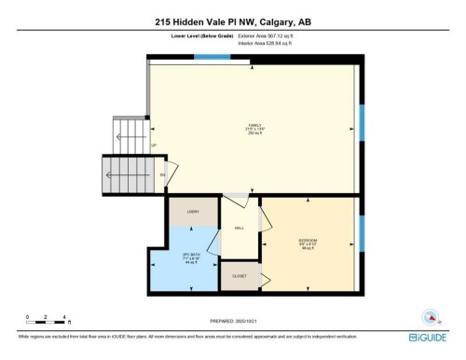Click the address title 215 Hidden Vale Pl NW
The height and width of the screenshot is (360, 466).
click(232, 21)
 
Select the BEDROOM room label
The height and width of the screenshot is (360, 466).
click(308, 242)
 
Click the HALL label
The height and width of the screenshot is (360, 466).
click(239, 228)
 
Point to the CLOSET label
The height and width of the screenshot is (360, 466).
click(240, 274)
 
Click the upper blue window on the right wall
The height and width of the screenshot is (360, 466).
click(362, 121)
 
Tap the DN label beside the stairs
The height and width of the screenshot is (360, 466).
click(161, 174)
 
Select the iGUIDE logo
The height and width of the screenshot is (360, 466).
click(430, 336)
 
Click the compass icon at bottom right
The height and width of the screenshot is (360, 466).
click(430, 315)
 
